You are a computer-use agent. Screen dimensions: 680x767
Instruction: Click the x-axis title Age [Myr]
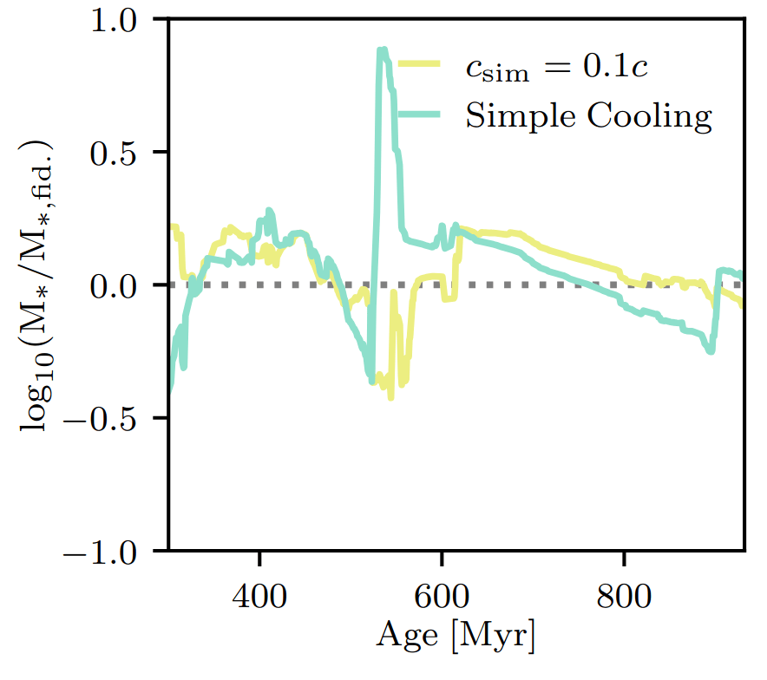pyautogui.click(x=456, y=638)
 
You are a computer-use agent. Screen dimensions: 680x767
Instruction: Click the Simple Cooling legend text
pyautogui.click(x=588, y=115)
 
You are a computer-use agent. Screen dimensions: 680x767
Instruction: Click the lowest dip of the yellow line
pyautogui.click(x=391, y=396)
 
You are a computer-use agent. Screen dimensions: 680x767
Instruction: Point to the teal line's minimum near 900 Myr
pyautogui.click(x=711, y=351)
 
